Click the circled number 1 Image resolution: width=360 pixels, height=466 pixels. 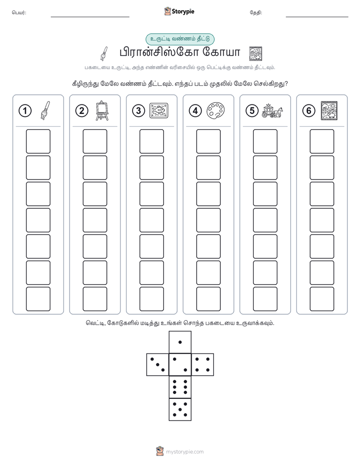(x=25, y=111)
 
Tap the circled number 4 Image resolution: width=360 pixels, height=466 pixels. (x=195, y=111)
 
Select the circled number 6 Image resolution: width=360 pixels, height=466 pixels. (x=309, y=111)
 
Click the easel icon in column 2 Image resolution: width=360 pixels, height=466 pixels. (x=102, y=110)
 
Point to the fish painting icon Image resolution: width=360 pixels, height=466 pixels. (x=159, y=111)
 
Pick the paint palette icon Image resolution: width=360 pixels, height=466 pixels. (x=215, y=111)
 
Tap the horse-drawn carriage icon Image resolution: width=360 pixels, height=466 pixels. (x=272, y=110)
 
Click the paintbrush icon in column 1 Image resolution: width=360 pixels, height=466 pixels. (x=45, y=110)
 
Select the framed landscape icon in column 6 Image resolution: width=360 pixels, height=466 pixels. (x=329, y=110)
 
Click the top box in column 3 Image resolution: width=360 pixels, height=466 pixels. (x=151, y=141)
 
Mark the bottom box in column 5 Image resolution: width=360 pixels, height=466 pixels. (x=265, y=299)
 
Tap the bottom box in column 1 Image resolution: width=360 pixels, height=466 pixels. (x=38, y=299)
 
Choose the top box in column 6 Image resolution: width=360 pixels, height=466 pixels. (x=322, y=141)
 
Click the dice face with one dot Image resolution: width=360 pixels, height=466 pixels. (x=180, y=342)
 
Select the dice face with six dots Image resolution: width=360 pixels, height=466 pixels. (x=180, y=387)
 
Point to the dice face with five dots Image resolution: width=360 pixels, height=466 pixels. (x=180, y=409)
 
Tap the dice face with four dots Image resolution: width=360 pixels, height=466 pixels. (x=203, y=365)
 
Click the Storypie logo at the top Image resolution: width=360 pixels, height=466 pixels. (x=179, y=12)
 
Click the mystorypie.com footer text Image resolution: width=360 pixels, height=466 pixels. (x=185, y=452)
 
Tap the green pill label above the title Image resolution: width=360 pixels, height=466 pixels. (x=180, y=39)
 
